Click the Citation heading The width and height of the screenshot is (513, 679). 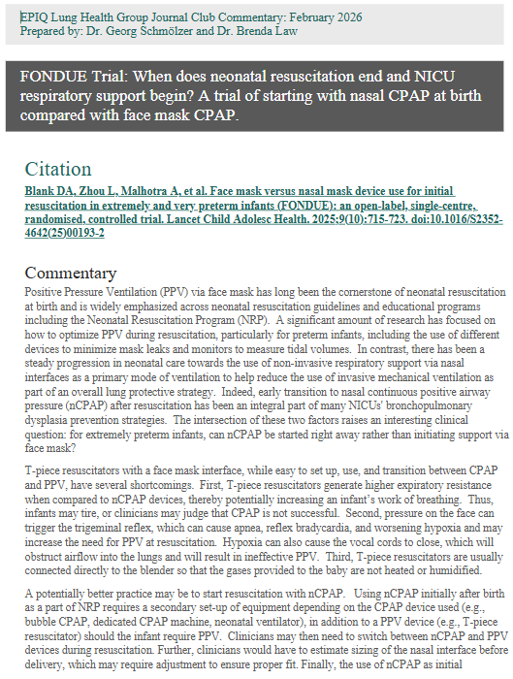tap(58, 169)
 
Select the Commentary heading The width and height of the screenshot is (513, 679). tap(70, 273)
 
